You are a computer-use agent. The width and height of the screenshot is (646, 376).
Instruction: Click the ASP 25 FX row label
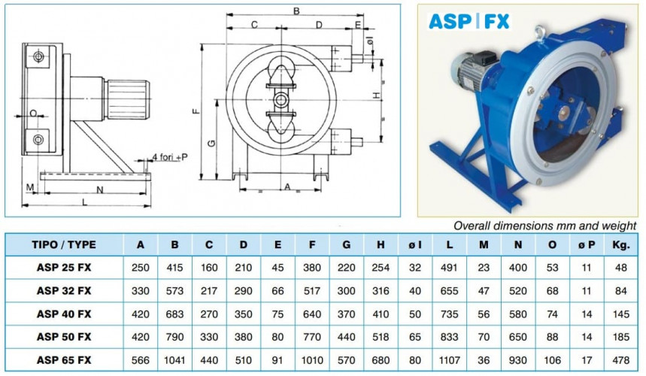click(x=64, y=267)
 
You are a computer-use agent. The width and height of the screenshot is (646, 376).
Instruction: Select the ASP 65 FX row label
click(x=64, y=360)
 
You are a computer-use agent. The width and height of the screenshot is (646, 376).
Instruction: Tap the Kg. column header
click(x=621, y=244)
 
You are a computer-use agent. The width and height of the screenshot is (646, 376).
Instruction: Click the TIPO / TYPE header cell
click(x=64, y=244)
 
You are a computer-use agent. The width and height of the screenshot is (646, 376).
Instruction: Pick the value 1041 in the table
click(x=174, y=360)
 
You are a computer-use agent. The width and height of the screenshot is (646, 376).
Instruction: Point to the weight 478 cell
click(x=621, y=360)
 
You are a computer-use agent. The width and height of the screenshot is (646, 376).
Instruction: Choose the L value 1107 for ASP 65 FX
click(x=448, y=360)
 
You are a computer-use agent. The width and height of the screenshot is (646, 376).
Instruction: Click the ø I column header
click(x=414, y=244)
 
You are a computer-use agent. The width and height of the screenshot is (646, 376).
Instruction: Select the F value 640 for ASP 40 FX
click(x=311, y=314)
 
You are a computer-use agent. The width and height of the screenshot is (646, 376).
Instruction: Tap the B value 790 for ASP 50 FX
click(x=174, y=337)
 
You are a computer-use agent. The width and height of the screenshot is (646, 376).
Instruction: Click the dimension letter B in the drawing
click(x=296, y=11)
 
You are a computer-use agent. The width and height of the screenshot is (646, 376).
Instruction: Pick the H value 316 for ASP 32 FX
click(x=380, y=290)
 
